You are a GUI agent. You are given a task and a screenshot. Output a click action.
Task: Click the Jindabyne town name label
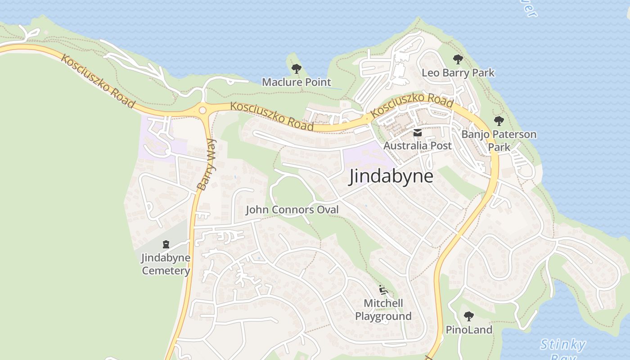click(x=391, y=176)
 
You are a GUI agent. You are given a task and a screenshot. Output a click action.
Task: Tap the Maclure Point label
click(x=296, y=82)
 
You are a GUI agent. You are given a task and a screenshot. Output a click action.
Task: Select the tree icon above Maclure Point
click(x=296, y=69)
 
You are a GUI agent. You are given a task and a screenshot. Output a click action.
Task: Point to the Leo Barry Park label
click(x=458, y=72)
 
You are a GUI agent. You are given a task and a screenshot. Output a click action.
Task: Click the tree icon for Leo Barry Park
click(x=458, y=59)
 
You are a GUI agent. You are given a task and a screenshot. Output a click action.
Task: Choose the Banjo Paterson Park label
click(x=499, y=140)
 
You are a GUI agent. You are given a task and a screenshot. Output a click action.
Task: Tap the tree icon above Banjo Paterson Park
click(x=499, y=121)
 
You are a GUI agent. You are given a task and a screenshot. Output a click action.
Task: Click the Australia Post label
click(x=417, y=145)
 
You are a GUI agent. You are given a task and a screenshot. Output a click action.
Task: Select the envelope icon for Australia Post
click(x=417, y=133)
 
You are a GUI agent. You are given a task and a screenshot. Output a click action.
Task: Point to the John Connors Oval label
click(x=292, y=210)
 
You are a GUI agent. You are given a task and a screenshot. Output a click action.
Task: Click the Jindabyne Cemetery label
click(x=166, y=264)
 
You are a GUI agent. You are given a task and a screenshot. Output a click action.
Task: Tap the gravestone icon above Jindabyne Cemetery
click(x=166, y=244)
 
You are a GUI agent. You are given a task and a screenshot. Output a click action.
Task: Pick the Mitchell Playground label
click(x=383, y=310)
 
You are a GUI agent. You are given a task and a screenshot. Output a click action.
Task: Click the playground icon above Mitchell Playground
click(x=383, y=290)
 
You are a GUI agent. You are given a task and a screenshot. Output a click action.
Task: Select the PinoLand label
click(x=469, y=329)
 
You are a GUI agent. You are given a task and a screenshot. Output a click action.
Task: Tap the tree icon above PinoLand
click(x=468, y=316)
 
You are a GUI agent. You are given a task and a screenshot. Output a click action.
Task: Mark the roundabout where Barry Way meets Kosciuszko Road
click(x=202, y=110)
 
